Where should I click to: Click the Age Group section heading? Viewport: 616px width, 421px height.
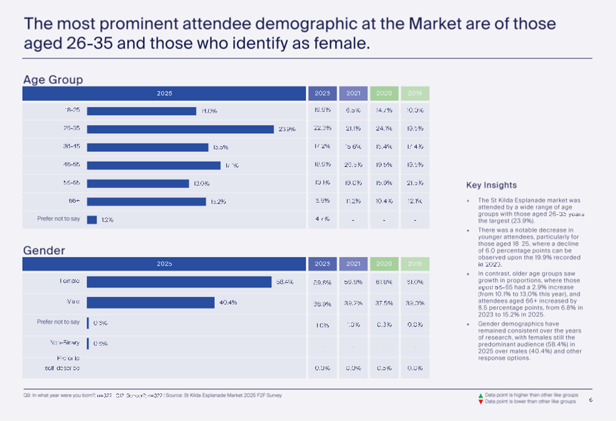(x=53, y=79)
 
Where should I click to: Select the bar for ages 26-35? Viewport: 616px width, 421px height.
(x=180, y=129)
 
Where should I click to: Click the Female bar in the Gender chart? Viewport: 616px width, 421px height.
(x=178, y=282)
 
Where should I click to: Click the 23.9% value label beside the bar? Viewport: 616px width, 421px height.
(x=287, y=129)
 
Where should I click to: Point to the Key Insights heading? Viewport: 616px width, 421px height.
(x=491, y=185)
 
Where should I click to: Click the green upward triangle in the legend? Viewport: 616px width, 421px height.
(x=480, y=396)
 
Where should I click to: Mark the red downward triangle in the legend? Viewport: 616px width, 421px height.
(x=480, y=402)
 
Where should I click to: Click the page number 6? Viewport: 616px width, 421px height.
(x=591, y=400)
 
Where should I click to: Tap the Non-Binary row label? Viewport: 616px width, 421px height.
(x=65, y=342)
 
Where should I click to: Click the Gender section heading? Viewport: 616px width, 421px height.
(x=44, y=250)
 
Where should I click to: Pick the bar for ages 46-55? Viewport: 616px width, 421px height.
(x=153, y=165)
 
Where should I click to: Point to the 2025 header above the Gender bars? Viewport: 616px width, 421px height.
(x=164, y=264)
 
